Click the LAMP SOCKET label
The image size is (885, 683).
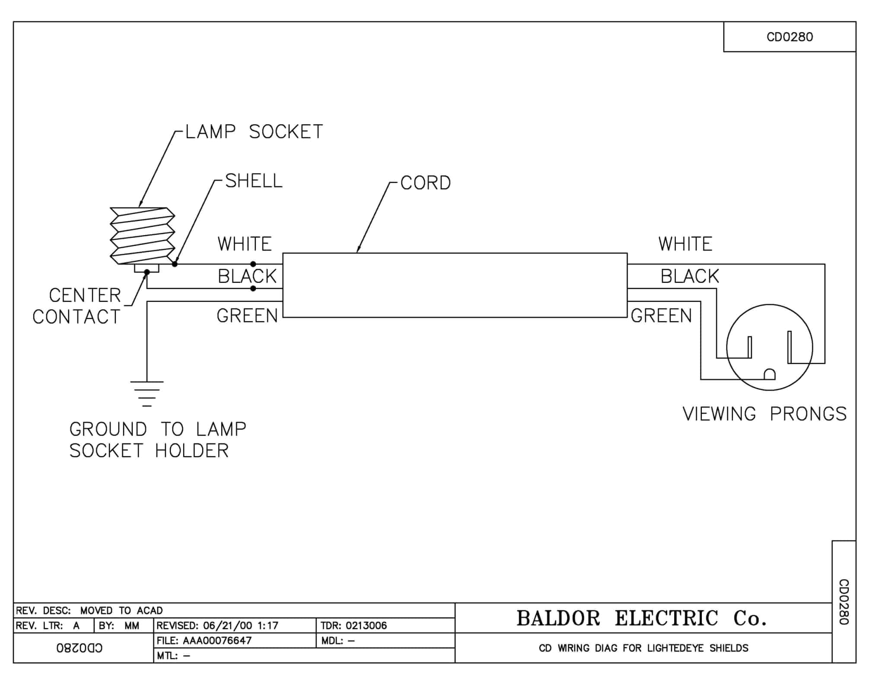(254, 132)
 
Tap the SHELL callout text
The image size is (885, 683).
(254, 180)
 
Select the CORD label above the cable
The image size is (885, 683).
(426, 183)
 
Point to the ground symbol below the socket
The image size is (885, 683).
(147, 393)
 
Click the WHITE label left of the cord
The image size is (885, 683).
(245, 244)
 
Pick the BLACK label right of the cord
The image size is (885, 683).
(690, 276)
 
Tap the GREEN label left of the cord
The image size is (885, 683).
(247, 316)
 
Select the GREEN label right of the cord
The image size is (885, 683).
(661, 316)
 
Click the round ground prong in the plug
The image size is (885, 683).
(770, 374)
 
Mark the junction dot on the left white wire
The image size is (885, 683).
(253, 264)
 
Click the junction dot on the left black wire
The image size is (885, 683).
(253, 288)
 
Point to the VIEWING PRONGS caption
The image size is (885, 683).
(764, 414)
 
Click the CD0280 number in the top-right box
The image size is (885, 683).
(789, 37)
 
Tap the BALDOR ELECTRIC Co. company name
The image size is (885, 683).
(642, 618)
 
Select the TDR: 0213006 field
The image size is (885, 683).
(353, 626)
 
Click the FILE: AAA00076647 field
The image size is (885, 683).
(204, 640)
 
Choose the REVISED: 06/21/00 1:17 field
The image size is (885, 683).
(217, 626)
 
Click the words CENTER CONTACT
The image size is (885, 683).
(77, 306)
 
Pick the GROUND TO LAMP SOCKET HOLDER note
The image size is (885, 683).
(158, 440)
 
